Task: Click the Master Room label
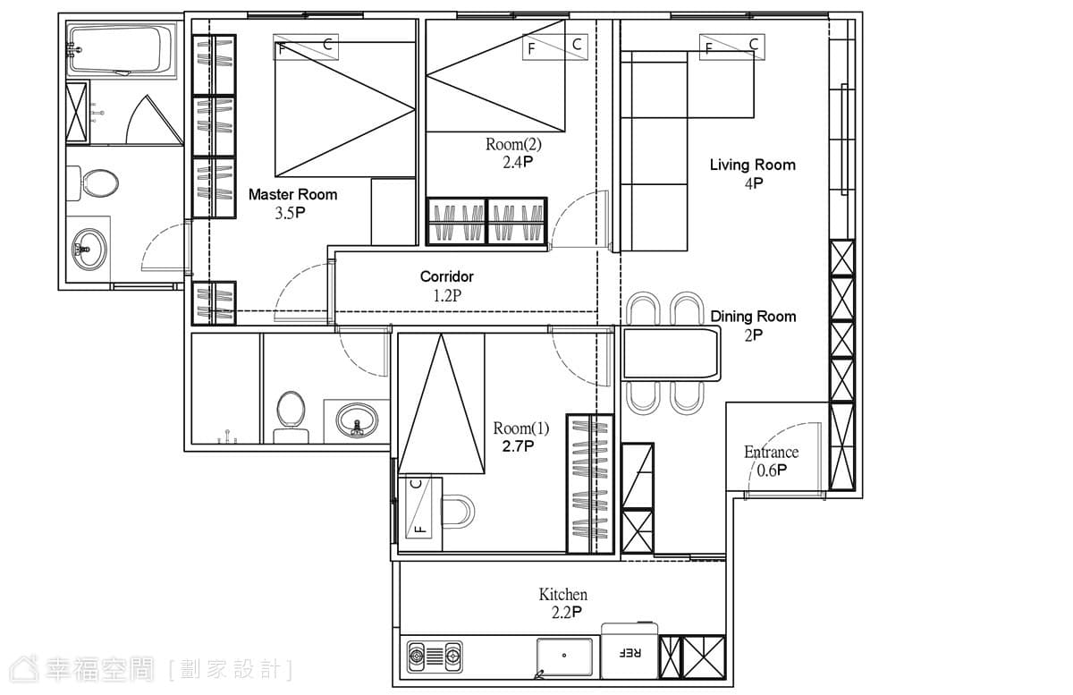click(292, 195)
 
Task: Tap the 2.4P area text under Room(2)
click(518, 163)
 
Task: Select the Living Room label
click(753, 165)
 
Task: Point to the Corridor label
click(446, 276)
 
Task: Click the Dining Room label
click(753, 317)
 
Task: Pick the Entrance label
click(771, 452)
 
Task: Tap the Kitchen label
click(562, 595)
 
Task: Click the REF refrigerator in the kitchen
click(629, 651)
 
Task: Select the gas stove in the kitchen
click(435, 657)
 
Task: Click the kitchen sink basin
click(564, 657)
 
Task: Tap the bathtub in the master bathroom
click(121, 49)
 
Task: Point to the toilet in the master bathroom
click(93, 183)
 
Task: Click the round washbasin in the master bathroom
click(89, 250)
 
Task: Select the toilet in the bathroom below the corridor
click(291, 417)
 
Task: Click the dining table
click(671, 353)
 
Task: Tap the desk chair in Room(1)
click(458, 512)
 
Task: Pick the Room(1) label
click(521, 428)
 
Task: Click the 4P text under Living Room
click(754, 183)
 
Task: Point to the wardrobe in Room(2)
click(486, 222)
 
